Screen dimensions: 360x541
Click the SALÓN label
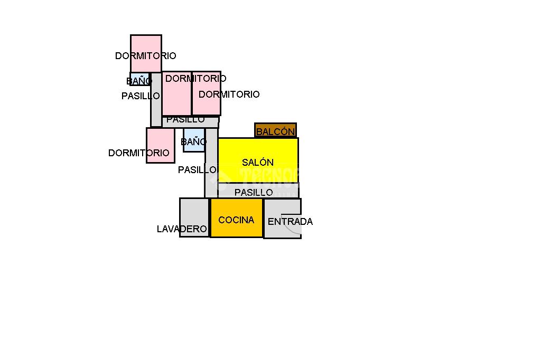(x=258, y=163)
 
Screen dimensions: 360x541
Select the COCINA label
(x=236, y=220)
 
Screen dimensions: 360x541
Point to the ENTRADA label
(x=290, y=222)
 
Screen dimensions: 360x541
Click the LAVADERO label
(x=182, y=229)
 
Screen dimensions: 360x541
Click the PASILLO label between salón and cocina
(x=254, y=193)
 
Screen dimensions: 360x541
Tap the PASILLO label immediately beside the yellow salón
(x=197, y=170)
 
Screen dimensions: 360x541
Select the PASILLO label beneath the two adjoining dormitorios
(x=185, y=120)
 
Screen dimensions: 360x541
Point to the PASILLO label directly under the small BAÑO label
(x=141, y=96)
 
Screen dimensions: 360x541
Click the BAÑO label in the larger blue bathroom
(x=193, y=142)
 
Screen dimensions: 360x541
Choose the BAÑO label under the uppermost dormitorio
(x=139, y=81)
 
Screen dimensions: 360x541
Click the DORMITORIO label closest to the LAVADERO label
(x=139, y=153)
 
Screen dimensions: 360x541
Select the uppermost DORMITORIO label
(x=145, y=56)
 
